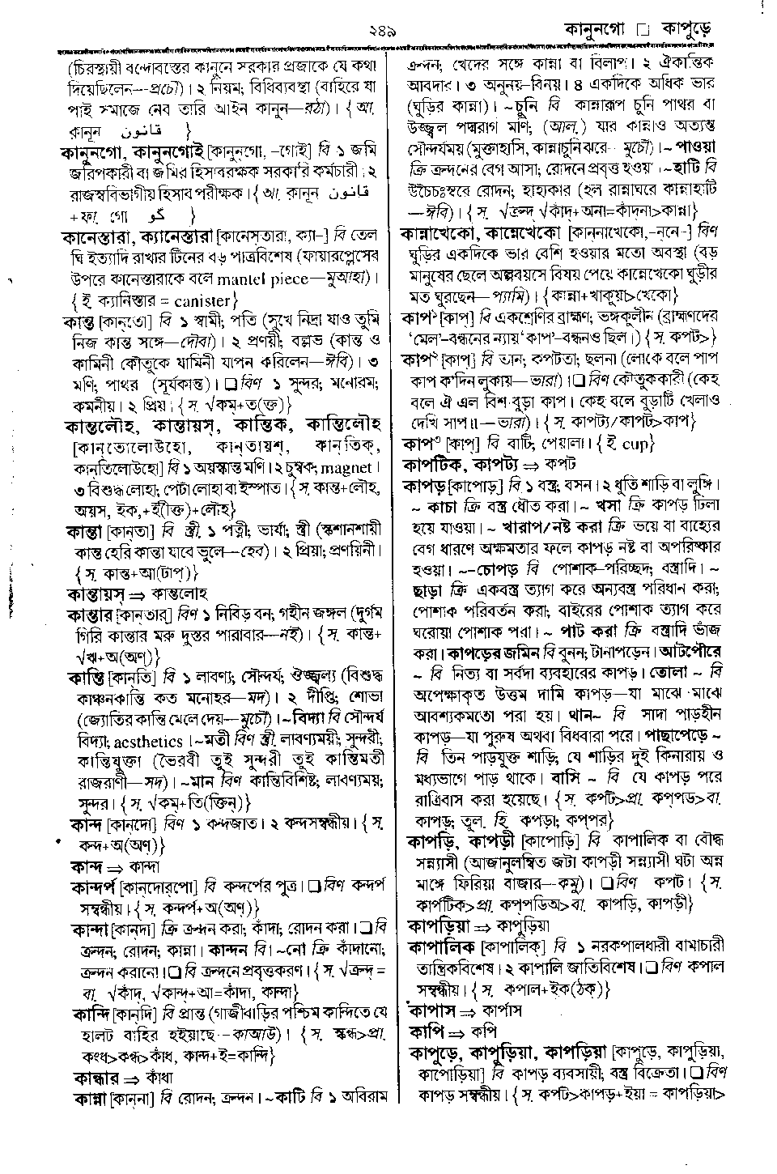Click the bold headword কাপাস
435,1010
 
